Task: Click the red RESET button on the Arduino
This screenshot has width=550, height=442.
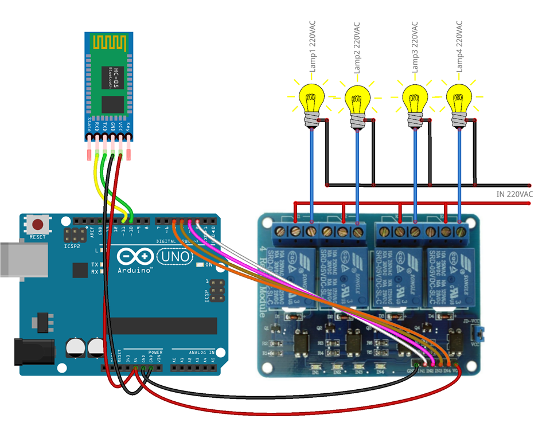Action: pos(38,224)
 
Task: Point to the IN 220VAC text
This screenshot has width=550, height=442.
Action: pos(514,195)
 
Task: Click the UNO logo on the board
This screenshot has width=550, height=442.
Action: pos(174,256)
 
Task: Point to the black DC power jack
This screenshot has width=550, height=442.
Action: pos(32,352)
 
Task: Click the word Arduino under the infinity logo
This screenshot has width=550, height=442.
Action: pos(135,269)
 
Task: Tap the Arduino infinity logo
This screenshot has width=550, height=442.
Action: pos(136,256)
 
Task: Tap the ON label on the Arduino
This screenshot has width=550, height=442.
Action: pos(209,265)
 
